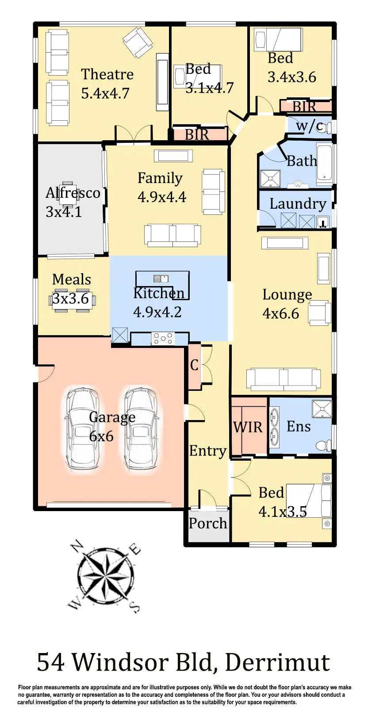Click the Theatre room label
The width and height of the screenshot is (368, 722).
pos(107,74)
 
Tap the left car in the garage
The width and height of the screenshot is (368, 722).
pos(82,430)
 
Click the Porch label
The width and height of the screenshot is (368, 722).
pos(207,523)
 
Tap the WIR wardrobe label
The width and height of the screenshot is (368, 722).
pos(248,427)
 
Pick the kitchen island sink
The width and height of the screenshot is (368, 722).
pos(161,279)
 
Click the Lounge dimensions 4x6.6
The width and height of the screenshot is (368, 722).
pos(280,313)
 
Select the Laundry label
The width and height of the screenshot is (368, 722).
pos(297,204)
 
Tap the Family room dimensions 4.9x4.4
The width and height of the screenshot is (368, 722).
pos(161,197)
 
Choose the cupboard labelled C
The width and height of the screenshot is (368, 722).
pos(194,366)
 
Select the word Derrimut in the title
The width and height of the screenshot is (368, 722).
pos(277,662)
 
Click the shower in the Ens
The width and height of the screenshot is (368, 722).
pos(322,409)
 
